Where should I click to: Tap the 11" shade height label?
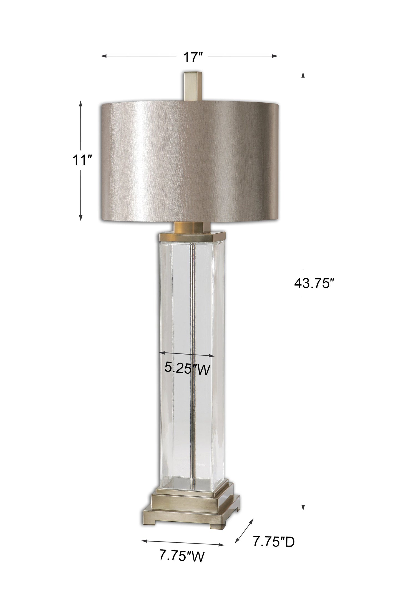pos(80,160)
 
